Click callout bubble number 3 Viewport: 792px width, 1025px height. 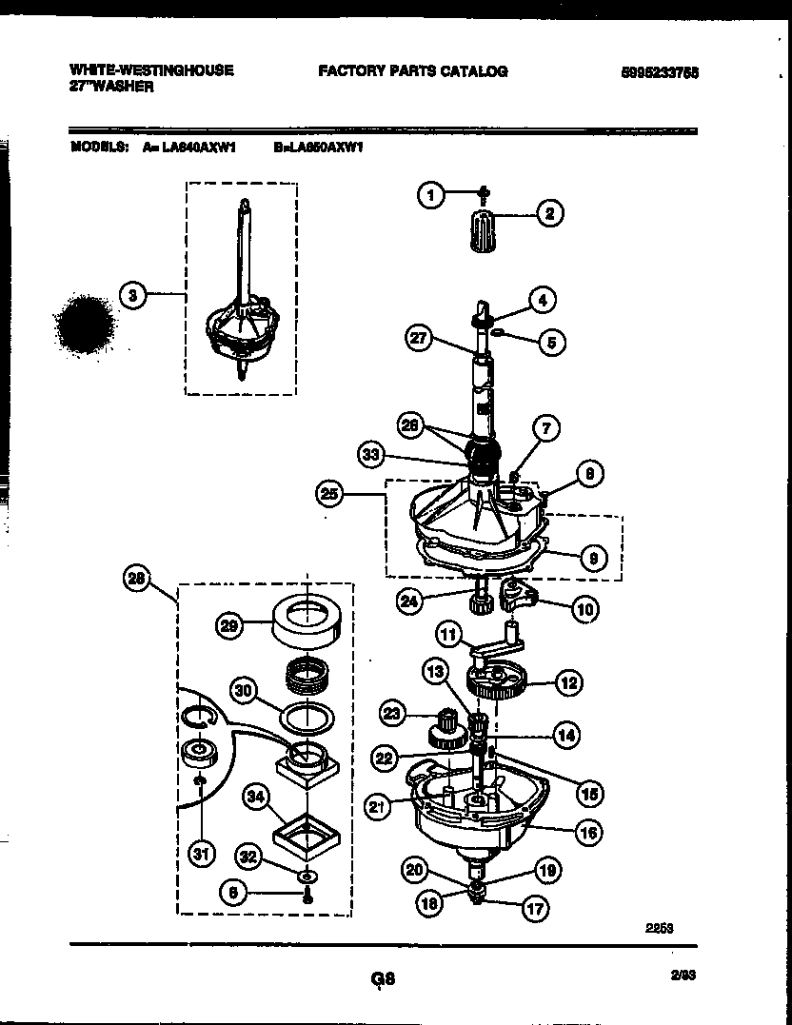point(133,296)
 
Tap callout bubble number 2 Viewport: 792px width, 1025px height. point(548,214)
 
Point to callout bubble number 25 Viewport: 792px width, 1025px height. point(329,493)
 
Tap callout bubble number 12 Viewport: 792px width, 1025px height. point(569,682)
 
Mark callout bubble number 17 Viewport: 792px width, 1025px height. point(535,909)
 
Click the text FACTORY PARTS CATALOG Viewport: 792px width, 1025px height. point(412,70)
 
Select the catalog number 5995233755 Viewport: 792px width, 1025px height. point(656,71)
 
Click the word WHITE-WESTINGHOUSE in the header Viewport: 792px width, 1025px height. point(150,70)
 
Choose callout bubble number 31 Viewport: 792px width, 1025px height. point(200,854)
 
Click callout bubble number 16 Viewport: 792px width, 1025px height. point(588,833)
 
